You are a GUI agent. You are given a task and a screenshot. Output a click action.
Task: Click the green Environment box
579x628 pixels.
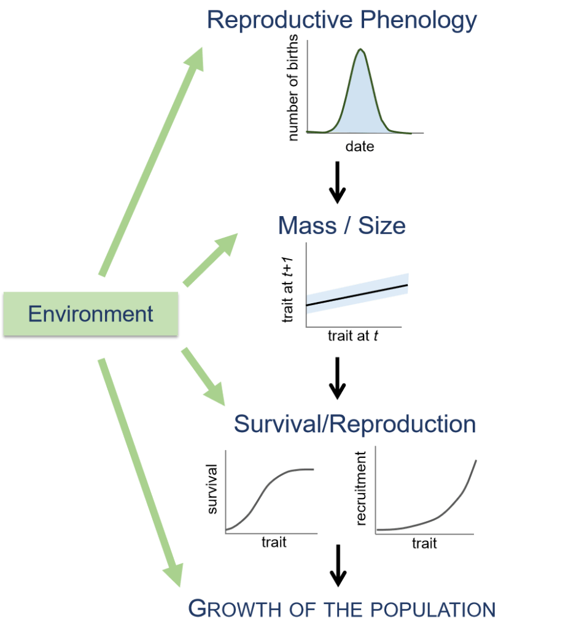click(90, 314)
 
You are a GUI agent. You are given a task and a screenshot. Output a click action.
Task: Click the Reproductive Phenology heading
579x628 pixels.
click(342, 20)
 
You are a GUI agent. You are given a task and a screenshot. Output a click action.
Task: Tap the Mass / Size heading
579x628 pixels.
click(342, 226)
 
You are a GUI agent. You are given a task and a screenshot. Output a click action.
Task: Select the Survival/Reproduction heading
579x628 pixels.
click(354, 424)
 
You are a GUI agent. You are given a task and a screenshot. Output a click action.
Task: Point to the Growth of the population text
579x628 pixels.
click(341, 609)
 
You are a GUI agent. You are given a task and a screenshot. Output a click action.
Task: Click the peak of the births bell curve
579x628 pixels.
click(360, 51)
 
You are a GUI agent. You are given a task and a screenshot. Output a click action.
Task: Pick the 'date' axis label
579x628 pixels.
click(359, 147)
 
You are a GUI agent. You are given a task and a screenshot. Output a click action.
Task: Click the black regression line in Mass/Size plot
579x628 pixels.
click(357, 295)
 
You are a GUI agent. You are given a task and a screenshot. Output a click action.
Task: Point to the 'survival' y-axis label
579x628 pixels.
click(212, 489)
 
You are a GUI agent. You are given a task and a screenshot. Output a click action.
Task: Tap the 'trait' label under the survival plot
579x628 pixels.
click(273, 543)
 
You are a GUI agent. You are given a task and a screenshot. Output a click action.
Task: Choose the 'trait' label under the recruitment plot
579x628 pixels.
click(424, 543)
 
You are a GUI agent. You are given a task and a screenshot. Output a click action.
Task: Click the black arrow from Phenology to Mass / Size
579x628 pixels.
click(337, 183)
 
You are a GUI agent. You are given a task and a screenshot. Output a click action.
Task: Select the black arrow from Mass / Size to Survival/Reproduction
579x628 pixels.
click(337, 378)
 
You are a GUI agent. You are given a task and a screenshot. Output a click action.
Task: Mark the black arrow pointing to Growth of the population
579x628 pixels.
click(337, 565)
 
